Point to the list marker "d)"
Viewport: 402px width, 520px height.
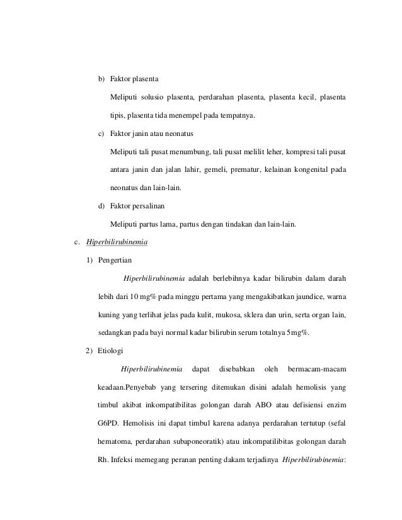pyautogui.click(x=101, y=206)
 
